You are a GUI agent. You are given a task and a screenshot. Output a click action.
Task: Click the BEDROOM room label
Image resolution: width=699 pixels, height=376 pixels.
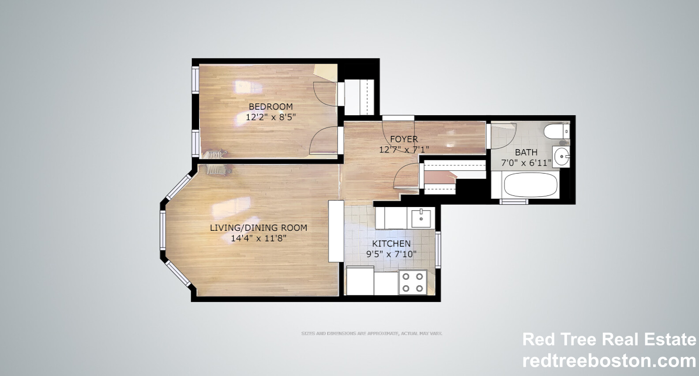[x=271, y=106]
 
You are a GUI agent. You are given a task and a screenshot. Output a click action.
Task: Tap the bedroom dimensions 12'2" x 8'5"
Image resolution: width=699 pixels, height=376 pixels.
[x=271, y=117]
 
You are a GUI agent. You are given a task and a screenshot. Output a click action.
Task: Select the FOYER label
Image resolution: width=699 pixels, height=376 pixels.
[x=404, y=139]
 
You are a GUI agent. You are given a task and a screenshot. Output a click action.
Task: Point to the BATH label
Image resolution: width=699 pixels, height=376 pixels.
[x=526, y=152]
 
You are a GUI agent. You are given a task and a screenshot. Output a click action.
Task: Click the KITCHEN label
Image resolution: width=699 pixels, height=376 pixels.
[x=391, y=244]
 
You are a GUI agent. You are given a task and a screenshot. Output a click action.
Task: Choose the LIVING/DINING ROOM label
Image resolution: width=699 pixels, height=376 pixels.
[x=258, y=228]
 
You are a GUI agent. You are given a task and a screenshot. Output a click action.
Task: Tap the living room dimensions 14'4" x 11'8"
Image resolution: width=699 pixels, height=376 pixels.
[x=259, y=239]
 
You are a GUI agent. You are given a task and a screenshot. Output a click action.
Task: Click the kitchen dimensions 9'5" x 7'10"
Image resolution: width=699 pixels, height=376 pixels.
[x=391, y=255]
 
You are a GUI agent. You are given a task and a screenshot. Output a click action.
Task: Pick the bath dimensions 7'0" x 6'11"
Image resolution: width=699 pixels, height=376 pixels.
[x=526, y=163]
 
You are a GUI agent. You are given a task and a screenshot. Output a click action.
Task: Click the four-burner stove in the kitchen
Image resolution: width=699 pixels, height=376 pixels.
[x=412, y=282]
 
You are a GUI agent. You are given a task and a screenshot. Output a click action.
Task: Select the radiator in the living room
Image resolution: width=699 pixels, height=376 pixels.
[x=216, y=170]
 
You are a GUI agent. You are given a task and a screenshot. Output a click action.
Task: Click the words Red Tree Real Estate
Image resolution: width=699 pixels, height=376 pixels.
[x=609, y=339]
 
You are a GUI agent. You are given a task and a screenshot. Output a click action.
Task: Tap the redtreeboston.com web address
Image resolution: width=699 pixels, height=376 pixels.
[x=609, y=361]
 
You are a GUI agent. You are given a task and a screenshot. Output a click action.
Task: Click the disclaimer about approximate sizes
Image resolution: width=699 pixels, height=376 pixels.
[x=372, y=334]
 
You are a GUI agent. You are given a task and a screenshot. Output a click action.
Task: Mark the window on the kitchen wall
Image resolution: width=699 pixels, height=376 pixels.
[x=438, y=250]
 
